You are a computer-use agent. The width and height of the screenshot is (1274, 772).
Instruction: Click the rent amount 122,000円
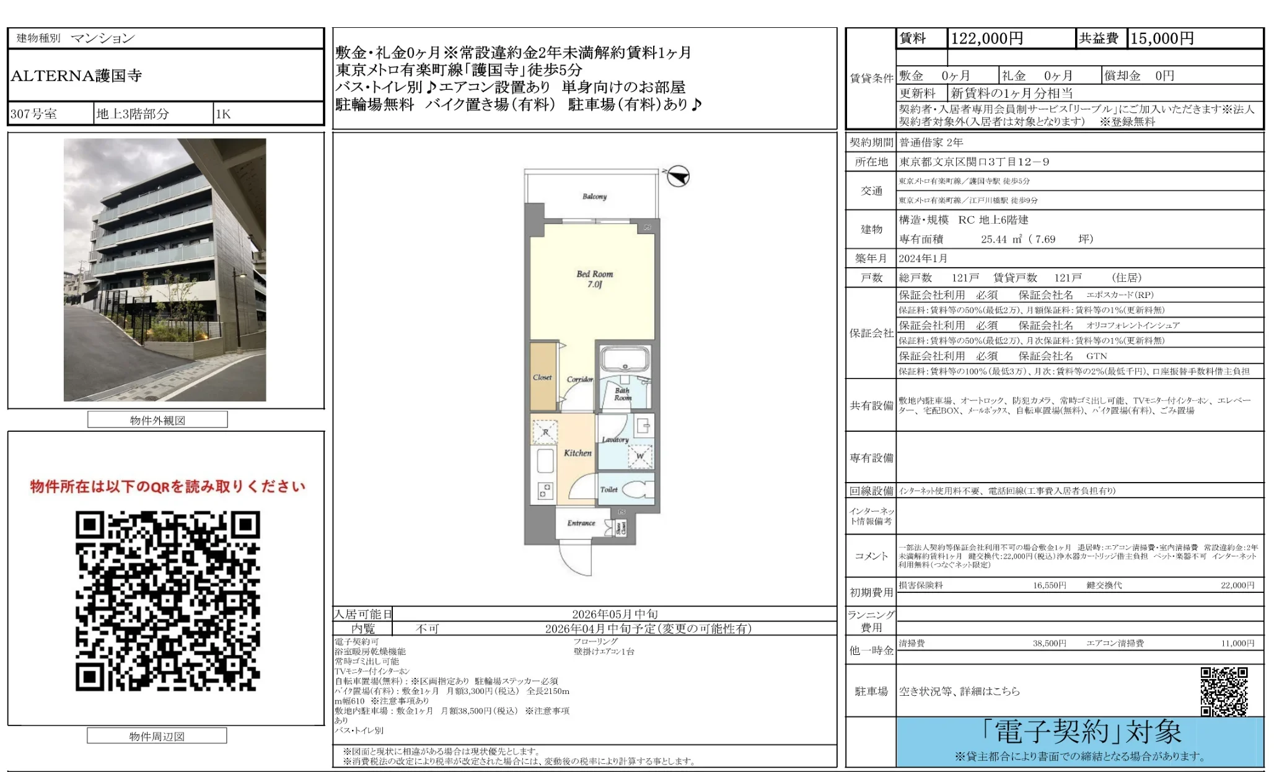986,38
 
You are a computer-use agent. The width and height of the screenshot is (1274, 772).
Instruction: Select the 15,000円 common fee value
1162,38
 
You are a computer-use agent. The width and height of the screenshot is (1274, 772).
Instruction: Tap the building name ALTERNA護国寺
76,76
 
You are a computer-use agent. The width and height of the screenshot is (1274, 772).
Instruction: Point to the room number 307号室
33,114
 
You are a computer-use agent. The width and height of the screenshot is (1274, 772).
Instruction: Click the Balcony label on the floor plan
594,196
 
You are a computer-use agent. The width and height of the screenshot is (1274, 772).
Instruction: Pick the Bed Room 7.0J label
594,279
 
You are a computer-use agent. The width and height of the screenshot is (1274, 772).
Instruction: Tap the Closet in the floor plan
543,377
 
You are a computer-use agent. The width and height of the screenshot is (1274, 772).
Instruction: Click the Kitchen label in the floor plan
578,453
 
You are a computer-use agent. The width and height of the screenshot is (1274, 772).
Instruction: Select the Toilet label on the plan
608,489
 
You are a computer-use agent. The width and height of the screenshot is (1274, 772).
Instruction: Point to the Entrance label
581,523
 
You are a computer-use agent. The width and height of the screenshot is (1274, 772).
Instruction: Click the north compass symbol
679,177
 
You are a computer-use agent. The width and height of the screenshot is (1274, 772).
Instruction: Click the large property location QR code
167,600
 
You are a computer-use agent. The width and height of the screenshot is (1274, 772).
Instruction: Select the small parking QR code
1224,691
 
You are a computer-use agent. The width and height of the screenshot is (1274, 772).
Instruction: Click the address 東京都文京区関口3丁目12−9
974,162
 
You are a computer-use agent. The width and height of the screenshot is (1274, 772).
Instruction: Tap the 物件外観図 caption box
157,420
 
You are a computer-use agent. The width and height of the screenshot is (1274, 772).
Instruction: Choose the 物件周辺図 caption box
157,736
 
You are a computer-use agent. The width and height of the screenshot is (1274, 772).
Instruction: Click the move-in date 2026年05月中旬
615,614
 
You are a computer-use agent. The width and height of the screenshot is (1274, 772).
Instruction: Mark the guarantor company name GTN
1096,356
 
